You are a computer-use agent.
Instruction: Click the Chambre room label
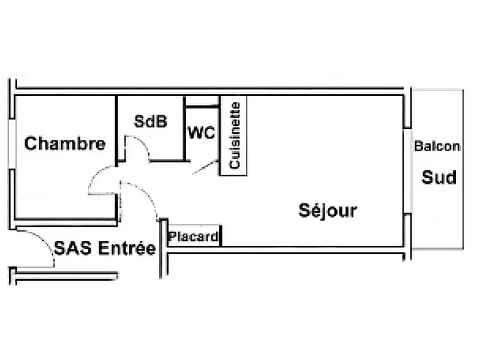pos(65,143)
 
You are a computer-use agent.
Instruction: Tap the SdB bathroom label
pos(151,121)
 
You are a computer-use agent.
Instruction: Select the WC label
pos(201,133)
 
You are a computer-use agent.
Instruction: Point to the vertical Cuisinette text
pos(235,136)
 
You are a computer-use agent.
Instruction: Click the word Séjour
pos(328,211)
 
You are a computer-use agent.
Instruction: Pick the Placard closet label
pos(193,236)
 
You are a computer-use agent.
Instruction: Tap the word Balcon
pos(437,146)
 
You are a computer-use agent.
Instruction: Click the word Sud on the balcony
pos(439,177)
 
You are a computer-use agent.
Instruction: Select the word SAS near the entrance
pos(73,248)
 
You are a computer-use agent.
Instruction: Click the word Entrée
pos(127,248)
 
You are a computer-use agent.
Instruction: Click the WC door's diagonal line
pos(205,167)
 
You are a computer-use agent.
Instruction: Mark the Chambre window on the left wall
pos(11,144)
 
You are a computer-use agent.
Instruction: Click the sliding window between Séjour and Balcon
pos(407,171)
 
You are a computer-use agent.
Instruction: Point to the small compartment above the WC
pos(202,101)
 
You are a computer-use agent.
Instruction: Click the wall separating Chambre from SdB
pos(116,131)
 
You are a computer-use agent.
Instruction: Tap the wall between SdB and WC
pos(184,128)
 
